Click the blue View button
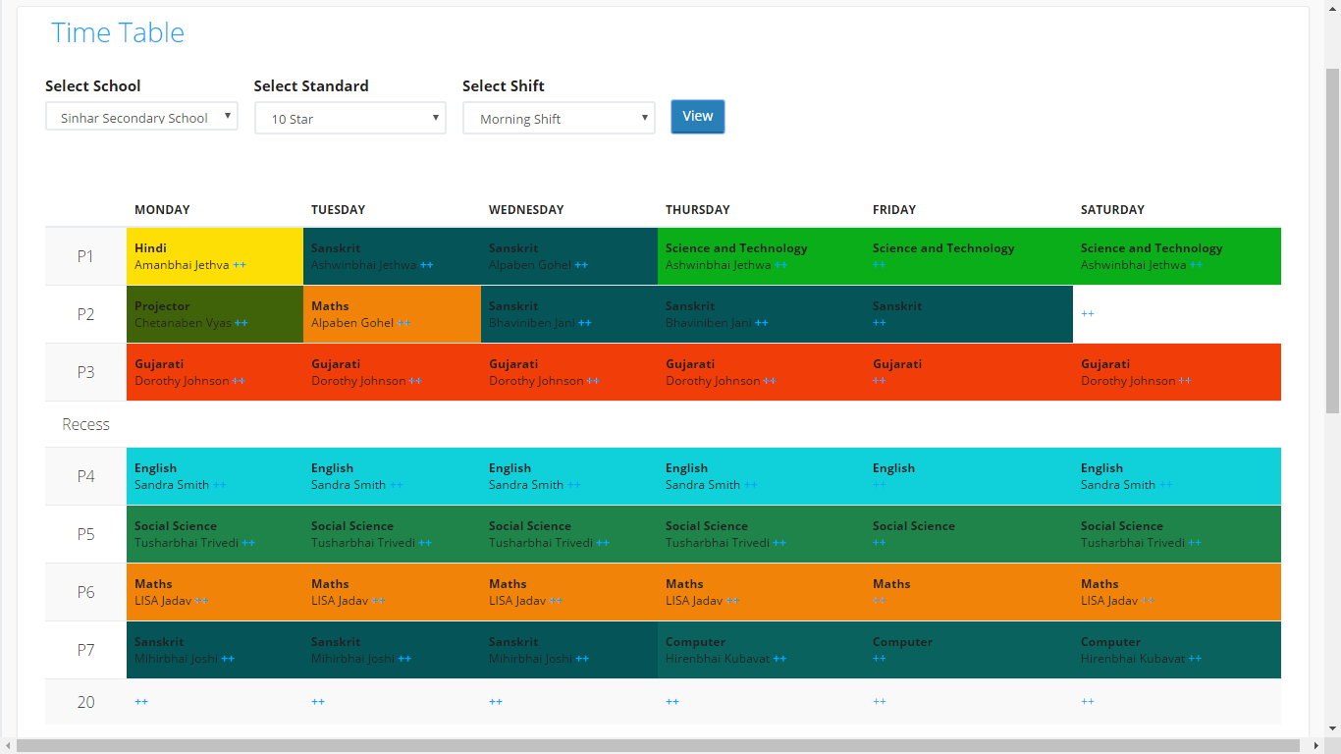pyautogui.click(x=697, y=116)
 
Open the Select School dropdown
pyautogui.click(x=141, y=117)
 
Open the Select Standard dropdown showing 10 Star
pyautogui.click(x=350, y=118)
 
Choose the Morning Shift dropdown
pyautogui.click(x=559, y=118)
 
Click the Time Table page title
pyautogui.click(x=118, y=32)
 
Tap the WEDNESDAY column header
pyautogui.click(x=526, y=209)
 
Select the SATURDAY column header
pyautogui.click(x=1112, y=209)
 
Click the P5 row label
pyautogui.click(x=86, y=534)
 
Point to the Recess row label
pyautogui.click(x=86, y=424)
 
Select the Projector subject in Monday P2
pyautogui.click(x=162, y=306)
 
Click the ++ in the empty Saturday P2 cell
pyautogui.click(x=1088, y=314)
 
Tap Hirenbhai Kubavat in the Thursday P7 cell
pyautogui.click(x=718, y=659)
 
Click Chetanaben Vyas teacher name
pyautogui.click(x=183, y=323)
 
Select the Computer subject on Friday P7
pyautogui.click(x=902, y=642)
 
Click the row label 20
pyautogui.click(x=86, y=702)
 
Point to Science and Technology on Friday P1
pyautogui.click(x=943, y=248)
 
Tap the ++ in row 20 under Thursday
pyautogui.click(x=672, y=702)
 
